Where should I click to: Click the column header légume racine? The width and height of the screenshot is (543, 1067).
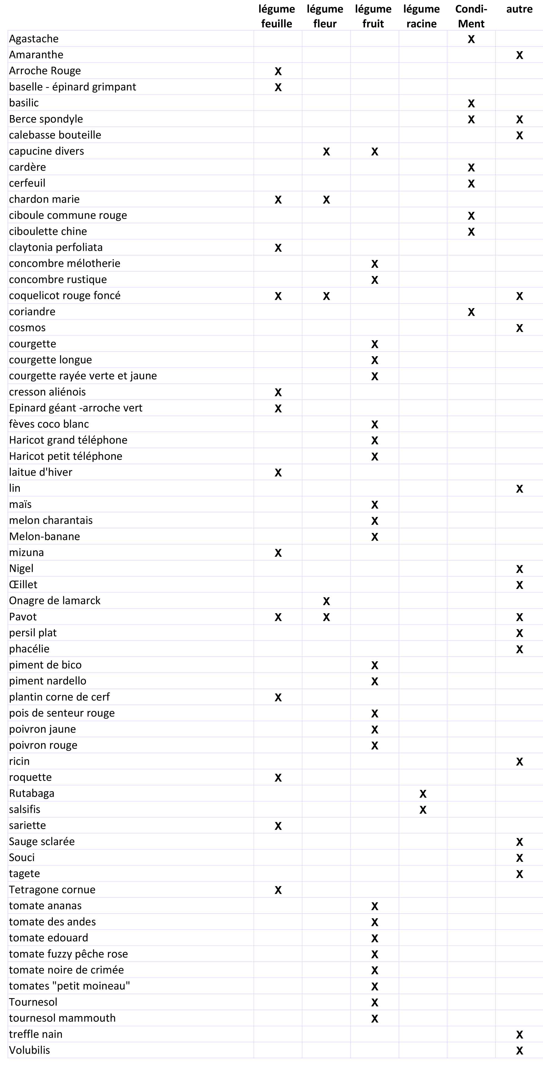(421, 16)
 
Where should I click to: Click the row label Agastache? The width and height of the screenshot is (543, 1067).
(34, 38)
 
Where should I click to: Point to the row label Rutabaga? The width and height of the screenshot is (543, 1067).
(32, 793)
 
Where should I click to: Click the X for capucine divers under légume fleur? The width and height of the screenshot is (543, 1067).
(326, 152)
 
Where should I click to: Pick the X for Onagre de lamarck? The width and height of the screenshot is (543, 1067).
(326, 601)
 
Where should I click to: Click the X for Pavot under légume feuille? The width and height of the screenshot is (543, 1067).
(278, 617)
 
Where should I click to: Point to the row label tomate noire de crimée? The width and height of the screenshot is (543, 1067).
(66, 970)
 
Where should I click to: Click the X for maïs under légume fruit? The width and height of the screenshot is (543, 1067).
(374, 504)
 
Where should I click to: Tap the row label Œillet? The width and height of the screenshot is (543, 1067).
(23, 584)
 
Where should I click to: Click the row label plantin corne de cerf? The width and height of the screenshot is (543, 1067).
(59, 697)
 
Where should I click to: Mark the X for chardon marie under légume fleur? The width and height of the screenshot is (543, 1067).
(326, 200)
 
